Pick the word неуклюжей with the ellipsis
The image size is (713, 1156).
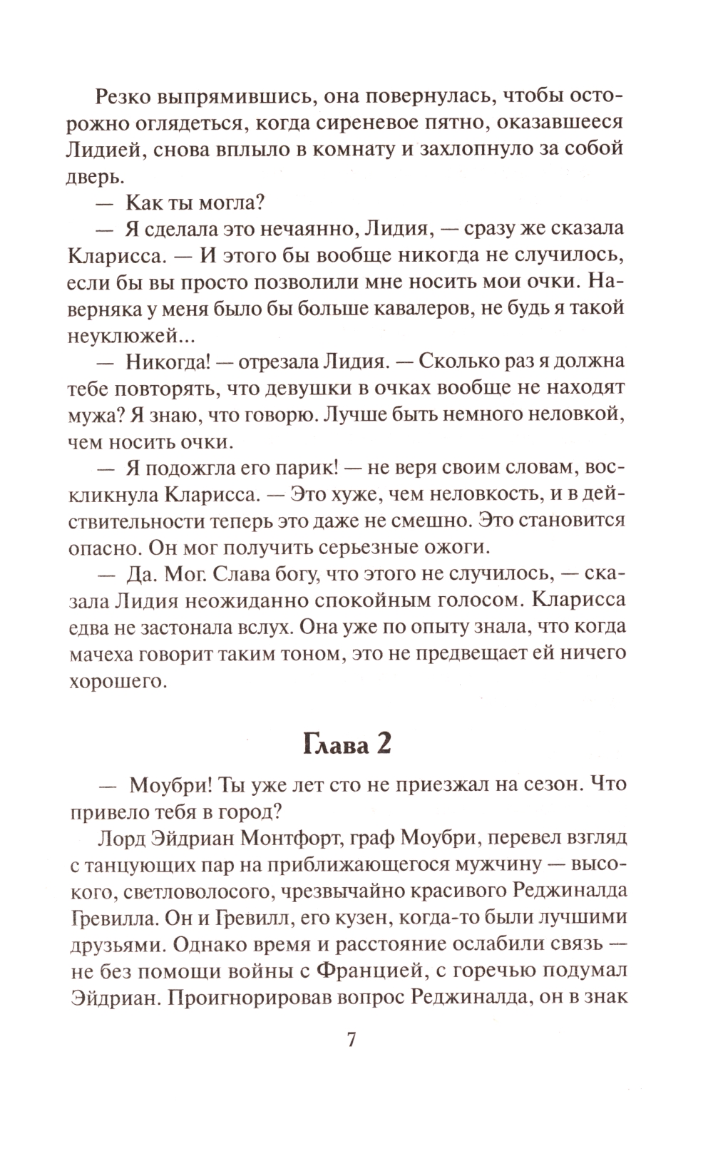coord(130,334)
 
